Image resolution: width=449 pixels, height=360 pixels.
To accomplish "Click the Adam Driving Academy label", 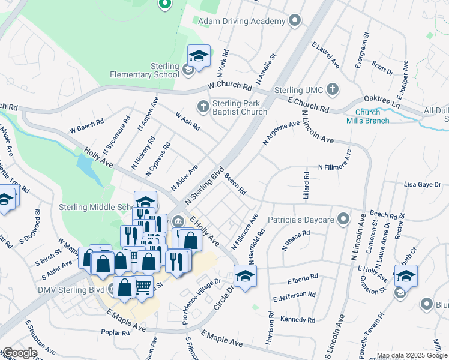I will tap(241, 22).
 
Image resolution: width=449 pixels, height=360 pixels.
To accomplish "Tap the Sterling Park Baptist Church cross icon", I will tap(203, 107).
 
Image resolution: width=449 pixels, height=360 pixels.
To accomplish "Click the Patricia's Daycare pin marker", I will tap(343, 220).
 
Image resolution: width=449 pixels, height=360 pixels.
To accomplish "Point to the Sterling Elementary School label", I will tap(145, 70).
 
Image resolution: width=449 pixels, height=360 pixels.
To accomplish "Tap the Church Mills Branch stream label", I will tap(367, 116).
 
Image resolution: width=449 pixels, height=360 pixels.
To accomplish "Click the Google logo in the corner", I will tap(20, 353).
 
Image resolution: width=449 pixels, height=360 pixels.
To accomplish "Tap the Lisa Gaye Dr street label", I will tap(423, 185).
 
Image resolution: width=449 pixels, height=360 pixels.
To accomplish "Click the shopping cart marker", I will tap(143, 288).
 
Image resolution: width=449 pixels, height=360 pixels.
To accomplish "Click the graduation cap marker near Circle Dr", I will tap(246, 276).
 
